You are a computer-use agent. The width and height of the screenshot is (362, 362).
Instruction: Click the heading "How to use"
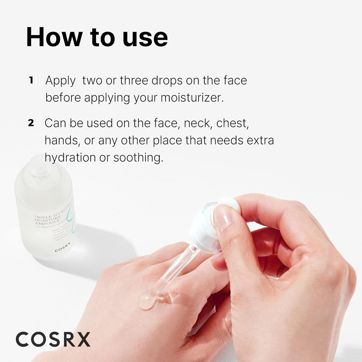click(x=97, y=38)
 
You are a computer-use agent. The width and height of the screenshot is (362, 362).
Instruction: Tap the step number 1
click(x=31, y=81)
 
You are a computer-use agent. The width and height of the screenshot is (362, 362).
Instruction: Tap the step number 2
click(x=31, y=123)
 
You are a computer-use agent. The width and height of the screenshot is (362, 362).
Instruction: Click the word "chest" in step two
click(x=232, y=123)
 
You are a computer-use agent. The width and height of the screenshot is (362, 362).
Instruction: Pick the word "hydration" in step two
click(x=70, y=158)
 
